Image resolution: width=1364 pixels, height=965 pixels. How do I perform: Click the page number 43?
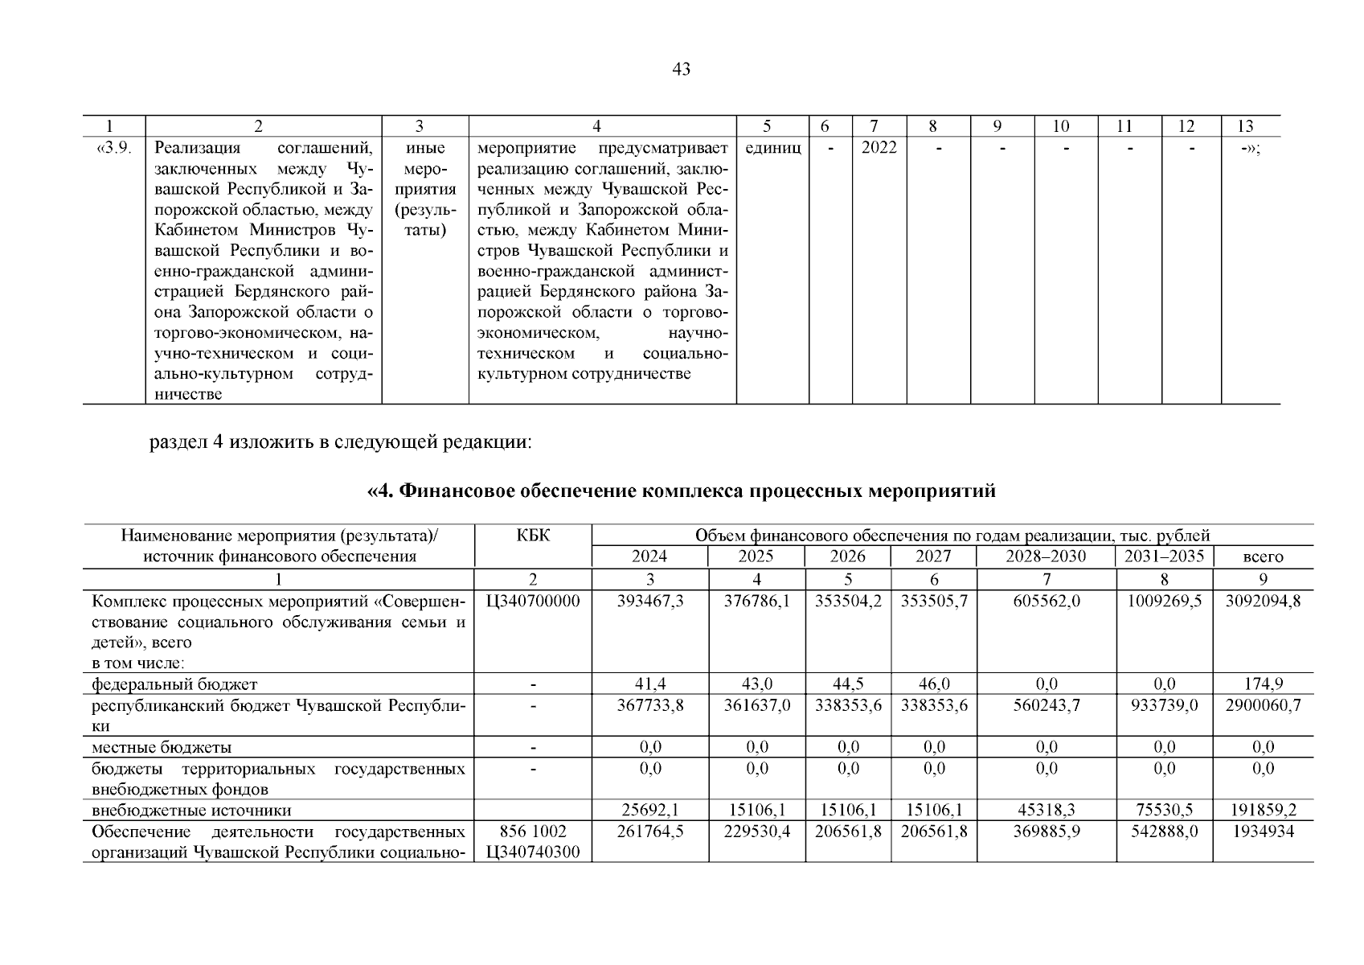[x=681, y=69]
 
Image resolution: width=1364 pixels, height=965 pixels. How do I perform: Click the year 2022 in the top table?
[x=879, y=148]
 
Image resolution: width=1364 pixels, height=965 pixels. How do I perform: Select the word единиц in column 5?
[x=772, y=148]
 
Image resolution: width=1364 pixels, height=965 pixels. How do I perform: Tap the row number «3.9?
[x=113, y=148]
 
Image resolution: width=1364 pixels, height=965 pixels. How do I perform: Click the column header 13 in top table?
[x=1245, y=125]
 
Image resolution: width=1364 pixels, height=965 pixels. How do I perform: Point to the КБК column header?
[x=534, y=536]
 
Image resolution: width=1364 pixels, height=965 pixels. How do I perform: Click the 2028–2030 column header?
[x=1045, y=556]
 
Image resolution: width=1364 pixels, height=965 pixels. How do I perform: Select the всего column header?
[x=1263, y=556]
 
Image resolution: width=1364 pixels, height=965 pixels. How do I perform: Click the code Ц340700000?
[x=534, y=601]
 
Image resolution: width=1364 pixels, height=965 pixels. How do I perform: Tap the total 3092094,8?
[x=1263, y=601]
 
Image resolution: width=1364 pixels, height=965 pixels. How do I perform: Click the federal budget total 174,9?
[x=1263, y=684]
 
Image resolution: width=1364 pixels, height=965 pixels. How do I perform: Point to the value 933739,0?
[x=1164, y=705]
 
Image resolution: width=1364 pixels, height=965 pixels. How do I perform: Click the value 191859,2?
[x=1263, y=811]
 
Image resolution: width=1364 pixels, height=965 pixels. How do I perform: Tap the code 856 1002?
[x=534, y=832]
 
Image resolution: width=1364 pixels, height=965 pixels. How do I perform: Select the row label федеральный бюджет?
[x=174, y=684]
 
